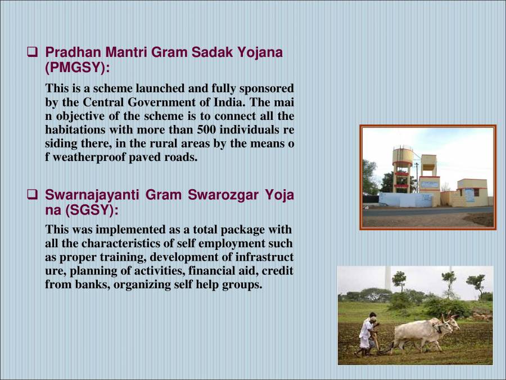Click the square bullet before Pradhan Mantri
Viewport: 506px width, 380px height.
[x=33, y=53]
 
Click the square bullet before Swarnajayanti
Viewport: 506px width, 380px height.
[x=33, y=196]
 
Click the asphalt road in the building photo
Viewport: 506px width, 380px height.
[x=427, y=211]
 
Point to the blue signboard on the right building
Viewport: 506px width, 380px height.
[x=469, y=195]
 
